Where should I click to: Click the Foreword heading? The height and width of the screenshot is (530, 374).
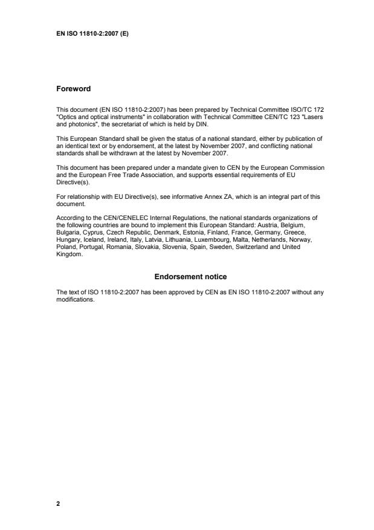click(x=73, y=89)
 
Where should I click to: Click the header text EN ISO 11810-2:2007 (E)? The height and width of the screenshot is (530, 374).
click(x=91, y=33)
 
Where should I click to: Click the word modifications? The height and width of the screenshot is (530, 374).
click(x=74, y=300)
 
